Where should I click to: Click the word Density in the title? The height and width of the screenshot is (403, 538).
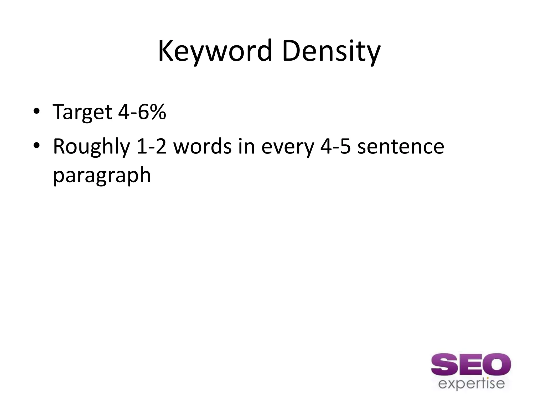331,51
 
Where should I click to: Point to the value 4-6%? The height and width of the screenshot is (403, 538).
142,112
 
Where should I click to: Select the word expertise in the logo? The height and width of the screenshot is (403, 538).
472,384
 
